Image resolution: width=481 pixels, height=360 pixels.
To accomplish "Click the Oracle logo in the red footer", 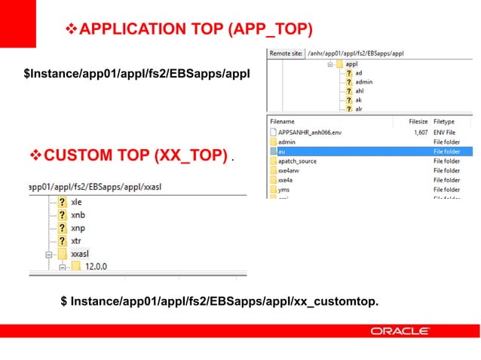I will click(400, 331).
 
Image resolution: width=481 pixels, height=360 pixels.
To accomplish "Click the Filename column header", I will click(282, 121).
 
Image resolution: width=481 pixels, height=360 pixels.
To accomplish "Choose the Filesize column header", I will click(418, 121).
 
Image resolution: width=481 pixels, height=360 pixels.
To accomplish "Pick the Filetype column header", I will click(444, 121).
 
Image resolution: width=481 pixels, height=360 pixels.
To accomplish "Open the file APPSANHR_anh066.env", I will click(311, 131).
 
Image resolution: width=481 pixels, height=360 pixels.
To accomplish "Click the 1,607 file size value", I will click(421, 131).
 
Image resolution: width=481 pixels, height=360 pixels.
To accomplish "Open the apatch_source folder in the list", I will click(297, 161).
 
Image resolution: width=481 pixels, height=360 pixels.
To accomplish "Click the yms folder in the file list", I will click(284, 190).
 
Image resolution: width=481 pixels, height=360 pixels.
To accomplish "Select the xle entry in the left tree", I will click(76, 202).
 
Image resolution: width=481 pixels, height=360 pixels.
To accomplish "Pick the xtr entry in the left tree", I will click(75, 242).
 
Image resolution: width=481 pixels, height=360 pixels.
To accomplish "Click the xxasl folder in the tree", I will click(80, 255).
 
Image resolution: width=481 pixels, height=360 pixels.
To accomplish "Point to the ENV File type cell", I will click(446, 131).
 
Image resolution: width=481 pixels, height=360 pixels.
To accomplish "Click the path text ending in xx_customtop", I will click(219, 302).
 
